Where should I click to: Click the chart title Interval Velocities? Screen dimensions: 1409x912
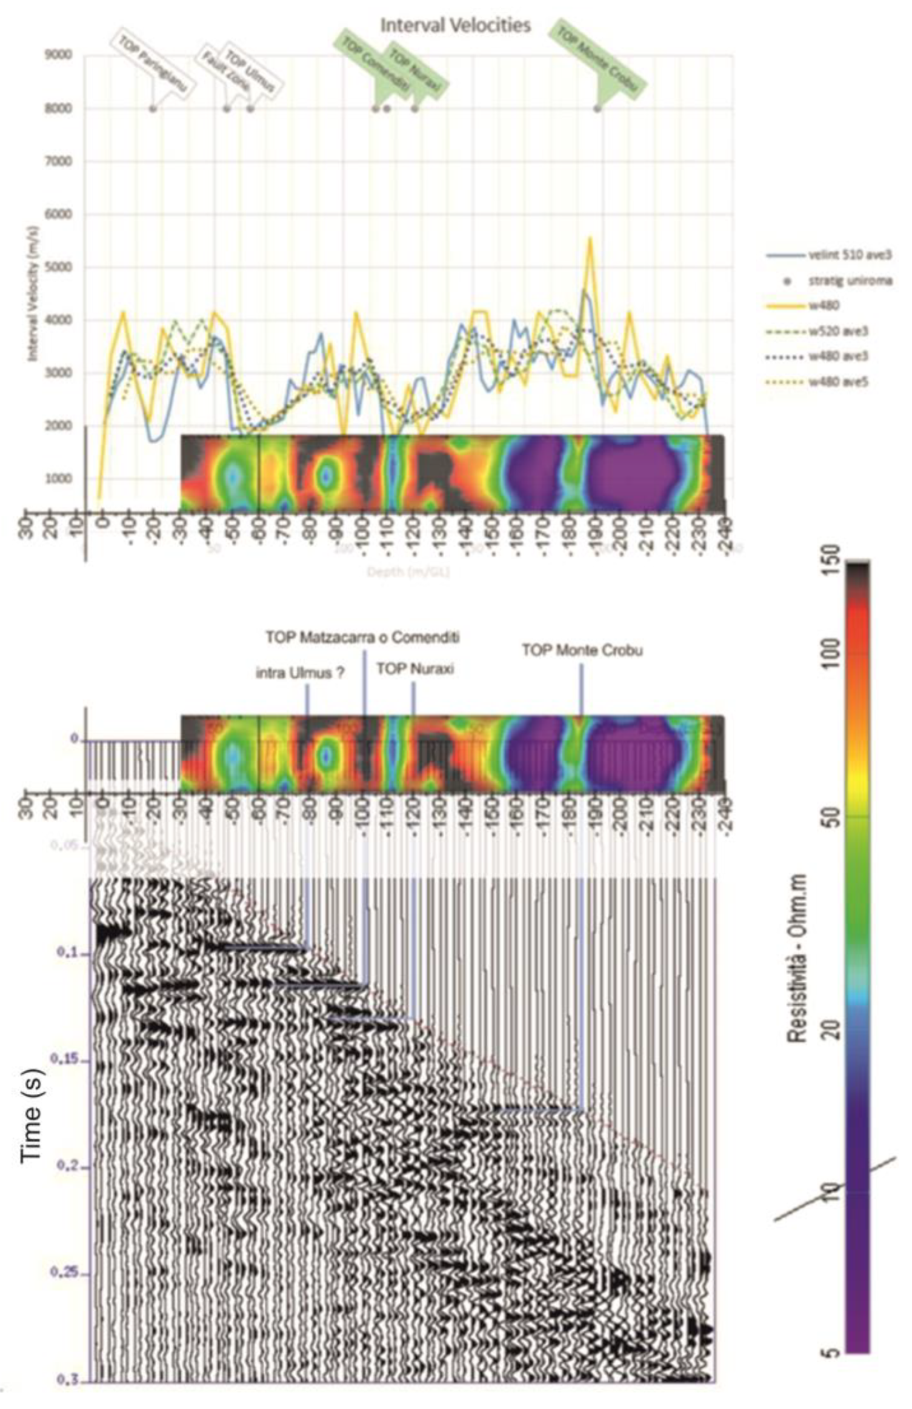[455, 25]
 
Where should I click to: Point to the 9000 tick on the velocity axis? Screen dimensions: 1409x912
[58, 55]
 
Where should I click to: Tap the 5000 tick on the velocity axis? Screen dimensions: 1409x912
[58, 267]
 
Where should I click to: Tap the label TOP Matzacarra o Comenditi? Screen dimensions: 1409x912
[362, 637]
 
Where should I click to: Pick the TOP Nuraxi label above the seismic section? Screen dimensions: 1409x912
[415, 669]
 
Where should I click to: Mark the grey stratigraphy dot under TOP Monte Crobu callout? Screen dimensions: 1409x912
[597, 108]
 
